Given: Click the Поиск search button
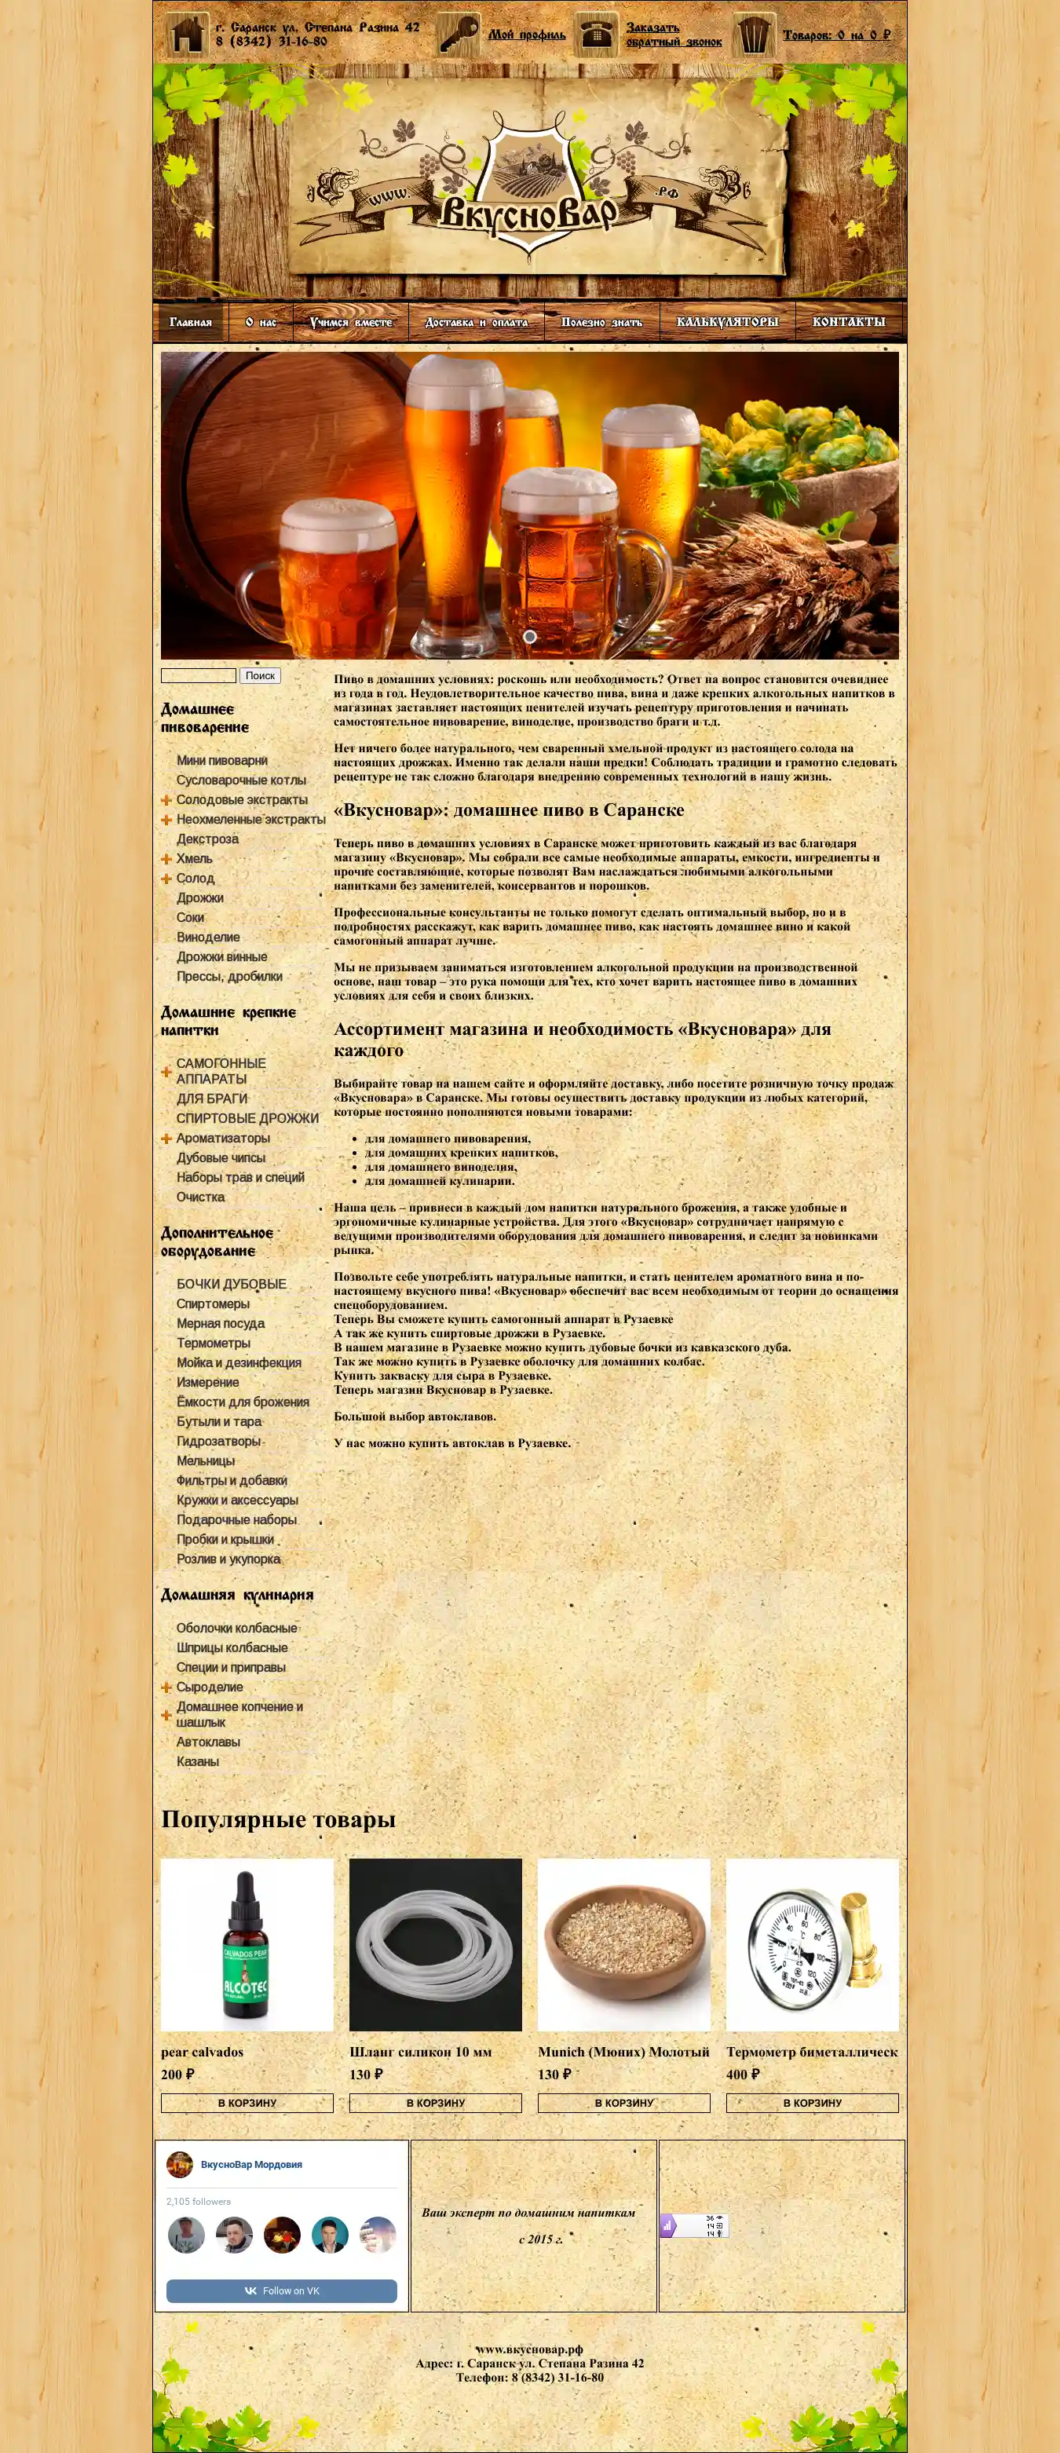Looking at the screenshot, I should [x=260, y=675].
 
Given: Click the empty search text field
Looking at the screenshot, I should [x=198, y=675].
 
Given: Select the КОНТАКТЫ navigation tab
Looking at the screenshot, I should [x=849, y=322].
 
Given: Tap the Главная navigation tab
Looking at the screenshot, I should [x=191, y=322].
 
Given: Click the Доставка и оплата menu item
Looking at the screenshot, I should [x=476, y=322].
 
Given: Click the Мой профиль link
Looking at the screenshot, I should [x=527, y=35].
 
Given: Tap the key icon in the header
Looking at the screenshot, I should [x=459, y=35].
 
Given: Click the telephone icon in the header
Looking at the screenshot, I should [x=598, y=35].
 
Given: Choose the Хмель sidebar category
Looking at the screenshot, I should [x=194, y=858].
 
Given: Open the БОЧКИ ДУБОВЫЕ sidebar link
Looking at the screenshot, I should [x=232, y=1284].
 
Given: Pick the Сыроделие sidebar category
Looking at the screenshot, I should [x=210, y=1687].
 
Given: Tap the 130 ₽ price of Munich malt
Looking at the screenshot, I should [x=554, y=2074].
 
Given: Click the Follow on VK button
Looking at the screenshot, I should [x=281, y=2290].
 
